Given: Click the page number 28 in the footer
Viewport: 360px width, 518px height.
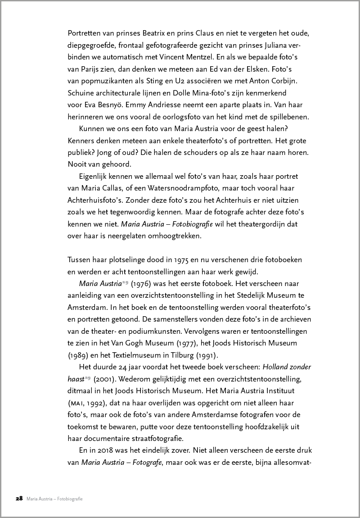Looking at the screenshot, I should pyautogui.click(x=19, y=499).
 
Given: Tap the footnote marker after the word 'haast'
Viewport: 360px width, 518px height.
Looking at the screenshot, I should pyautogui.click(x=87, y=377).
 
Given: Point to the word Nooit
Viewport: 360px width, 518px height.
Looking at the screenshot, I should pyautogui.click(x=76, y=164).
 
